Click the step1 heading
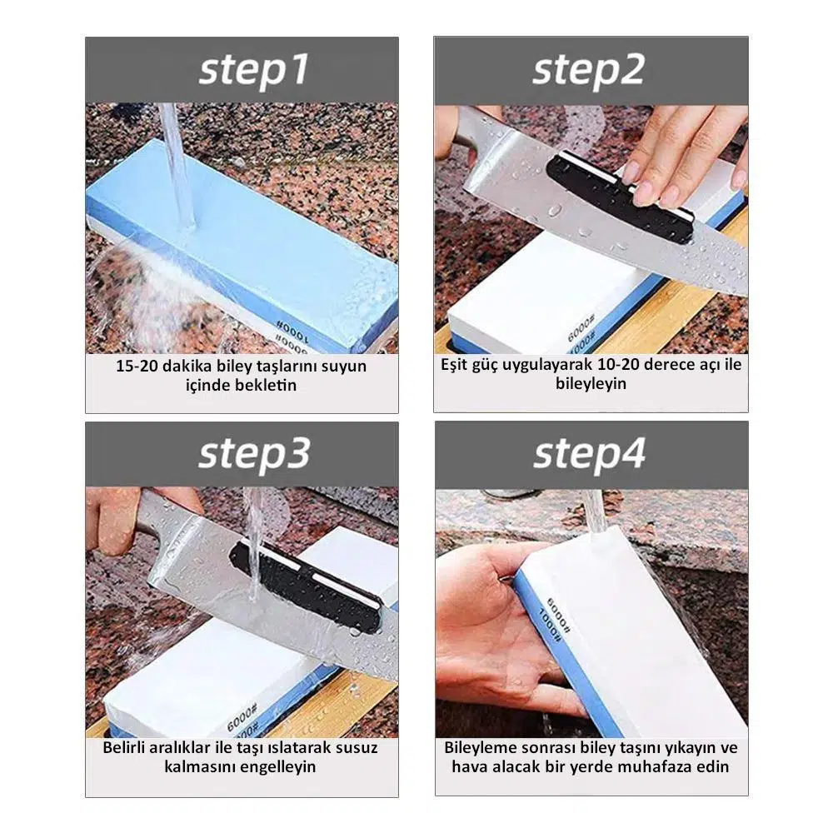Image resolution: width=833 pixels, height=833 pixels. coord(253,71)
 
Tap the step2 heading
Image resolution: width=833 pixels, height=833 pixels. coord(589,71)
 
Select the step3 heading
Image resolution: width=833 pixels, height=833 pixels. coord(254,455)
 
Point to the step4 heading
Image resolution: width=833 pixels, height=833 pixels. coord(589,455)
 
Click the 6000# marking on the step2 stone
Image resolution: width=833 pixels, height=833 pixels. coord(581,328)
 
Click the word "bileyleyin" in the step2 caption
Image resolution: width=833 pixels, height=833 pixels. coord(591,383)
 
